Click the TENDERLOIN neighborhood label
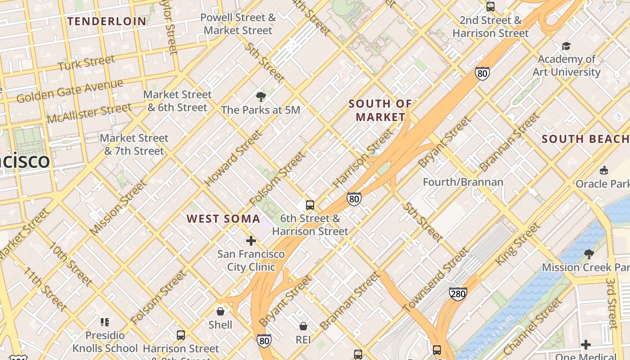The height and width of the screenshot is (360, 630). pos(107,21)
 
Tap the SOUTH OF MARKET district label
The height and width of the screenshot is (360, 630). pos(380,110)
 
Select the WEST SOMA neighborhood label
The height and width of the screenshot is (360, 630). pos(224,219)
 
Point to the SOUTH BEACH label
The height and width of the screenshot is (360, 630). pos(585,139)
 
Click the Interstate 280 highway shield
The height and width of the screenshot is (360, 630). pos(458,294)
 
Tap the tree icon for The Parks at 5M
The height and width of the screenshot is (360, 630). pos(261,96)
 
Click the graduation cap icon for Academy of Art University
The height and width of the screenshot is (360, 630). pos(566,46)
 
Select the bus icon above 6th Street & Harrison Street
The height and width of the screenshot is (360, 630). pos(310,205)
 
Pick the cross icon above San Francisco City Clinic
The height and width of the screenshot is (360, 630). pos(251,241)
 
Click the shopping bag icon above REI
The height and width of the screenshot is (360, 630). pos(303,326)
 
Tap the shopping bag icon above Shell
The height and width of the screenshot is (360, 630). pos(220,311)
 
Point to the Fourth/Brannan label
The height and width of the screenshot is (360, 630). pos(463,182)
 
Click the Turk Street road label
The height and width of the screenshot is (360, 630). pos(86,63)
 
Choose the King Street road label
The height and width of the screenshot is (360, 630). pos(517,244)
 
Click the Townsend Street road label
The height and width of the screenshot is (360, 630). pos(436,280)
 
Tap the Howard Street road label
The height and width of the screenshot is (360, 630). pos(233,158)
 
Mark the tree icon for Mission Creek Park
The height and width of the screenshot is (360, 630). pos(589,254)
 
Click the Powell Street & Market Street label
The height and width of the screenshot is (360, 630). pos(238,24)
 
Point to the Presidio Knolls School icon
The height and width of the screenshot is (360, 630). pos(105,322)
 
